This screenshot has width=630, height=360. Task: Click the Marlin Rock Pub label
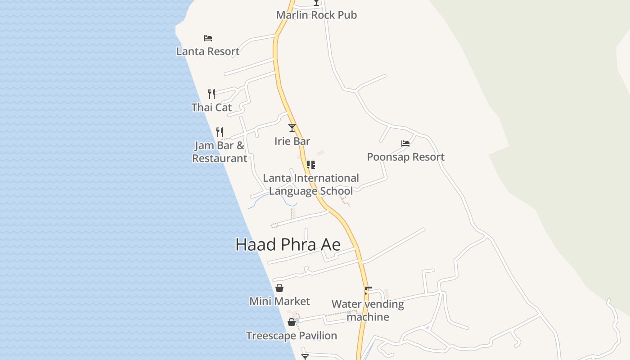[x=316, y=15]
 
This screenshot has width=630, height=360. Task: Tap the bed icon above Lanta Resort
[x=207, y=38]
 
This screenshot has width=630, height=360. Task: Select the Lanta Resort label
[x=207, y=51]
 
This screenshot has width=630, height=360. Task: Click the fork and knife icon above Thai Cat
[x=211, y=94]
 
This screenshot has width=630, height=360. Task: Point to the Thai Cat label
[x=211, y=108]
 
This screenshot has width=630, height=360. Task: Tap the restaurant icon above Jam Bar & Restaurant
[x=220, y=132]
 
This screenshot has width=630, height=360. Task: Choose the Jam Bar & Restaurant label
[x=220, y=152]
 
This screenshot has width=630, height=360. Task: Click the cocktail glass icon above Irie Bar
[x=292, y=128]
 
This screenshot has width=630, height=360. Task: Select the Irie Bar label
[x=292, y=141]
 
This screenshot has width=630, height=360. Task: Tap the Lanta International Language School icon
[x=310, y=165]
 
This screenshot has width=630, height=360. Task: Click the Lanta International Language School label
[x=310, y=184]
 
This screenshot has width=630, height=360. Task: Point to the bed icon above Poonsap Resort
[x=405, y=144]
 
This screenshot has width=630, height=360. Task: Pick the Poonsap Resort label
[x=405, y=157]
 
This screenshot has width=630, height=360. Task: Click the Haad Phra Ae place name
[x=288, y=245]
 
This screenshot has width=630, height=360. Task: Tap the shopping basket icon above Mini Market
[x=279, y=288]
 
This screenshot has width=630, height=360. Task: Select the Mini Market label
[x=279, y=301]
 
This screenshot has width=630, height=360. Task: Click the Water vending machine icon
[x=368, y=291]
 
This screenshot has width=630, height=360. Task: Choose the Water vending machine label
[x=368, y=310]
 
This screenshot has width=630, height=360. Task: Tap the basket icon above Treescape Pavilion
[x=292, y=322]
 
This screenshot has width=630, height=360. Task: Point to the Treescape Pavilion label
[x=291, y=336]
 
